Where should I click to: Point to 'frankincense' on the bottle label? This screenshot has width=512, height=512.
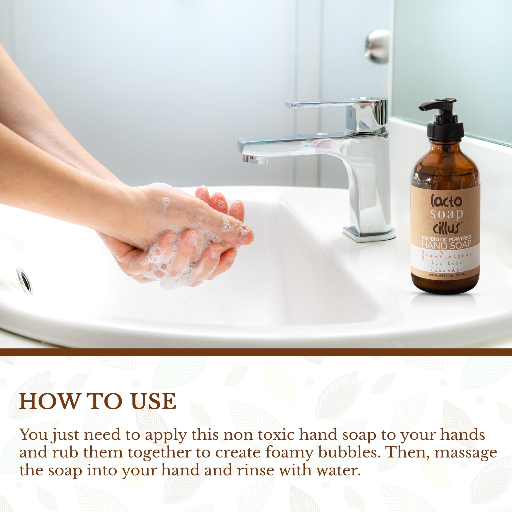tap(446, 255)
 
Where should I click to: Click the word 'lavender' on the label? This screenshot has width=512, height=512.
tap(446, 270)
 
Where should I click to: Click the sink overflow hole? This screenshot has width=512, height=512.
tap(25, 280)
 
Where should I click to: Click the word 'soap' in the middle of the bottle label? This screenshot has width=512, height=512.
tap(446, 214)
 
